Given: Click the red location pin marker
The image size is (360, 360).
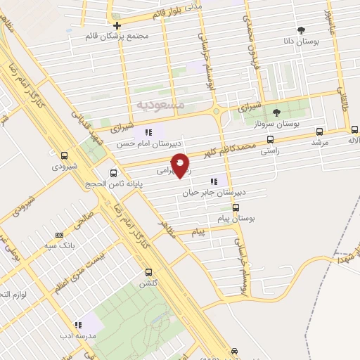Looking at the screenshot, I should (181, 165).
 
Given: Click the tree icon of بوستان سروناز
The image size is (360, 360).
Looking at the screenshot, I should (276, 111).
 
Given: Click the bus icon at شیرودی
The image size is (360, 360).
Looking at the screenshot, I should (65, 155).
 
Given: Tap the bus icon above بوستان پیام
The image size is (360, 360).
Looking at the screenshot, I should (236, 207).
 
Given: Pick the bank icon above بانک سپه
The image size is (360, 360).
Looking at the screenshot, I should (58, 235).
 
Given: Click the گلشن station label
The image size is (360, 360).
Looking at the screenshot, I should (148, 283).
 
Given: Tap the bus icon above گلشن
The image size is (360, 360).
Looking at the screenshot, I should (148, 272).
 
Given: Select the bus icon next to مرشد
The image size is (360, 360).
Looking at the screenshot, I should (320, 131).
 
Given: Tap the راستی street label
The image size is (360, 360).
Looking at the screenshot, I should (270, 150).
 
